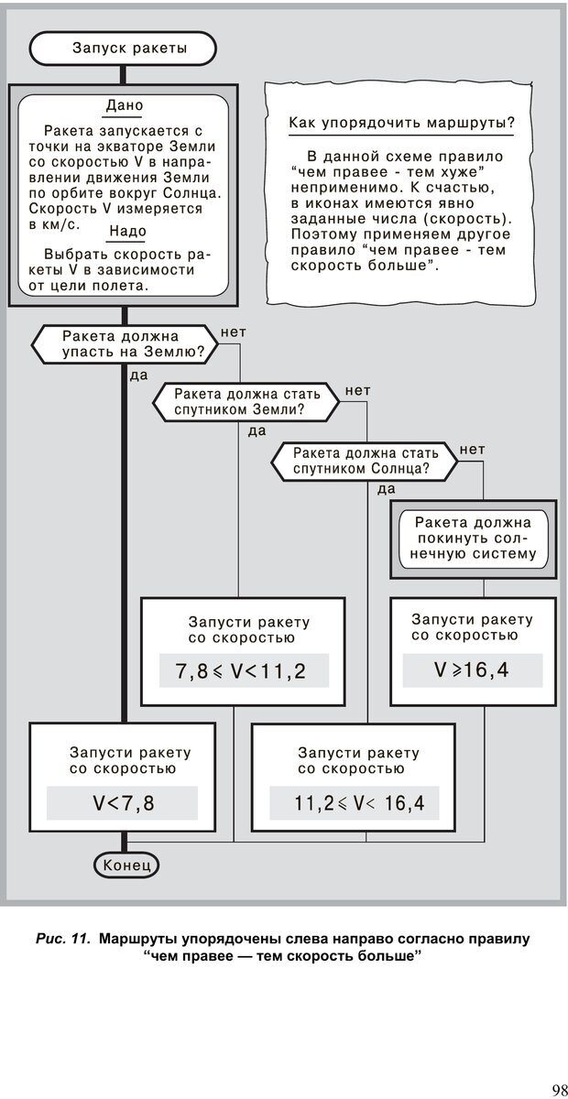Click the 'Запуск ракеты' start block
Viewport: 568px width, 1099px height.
pyautogui.click(x=123, y=49)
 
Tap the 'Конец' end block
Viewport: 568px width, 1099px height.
pyautogui.click(x=126, y=865)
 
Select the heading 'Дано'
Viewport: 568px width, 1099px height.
pyautogui.click(x=124, y=105)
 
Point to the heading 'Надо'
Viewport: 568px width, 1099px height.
pyautogui.click(x=126, y=231)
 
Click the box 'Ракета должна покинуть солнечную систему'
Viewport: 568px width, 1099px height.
pyautogui.click(x=474, y=538)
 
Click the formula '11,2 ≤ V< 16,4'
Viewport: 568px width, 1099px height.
pyautogui.click(x=353, y=803)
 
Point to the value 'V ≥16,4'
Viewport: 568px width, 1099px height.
pyautogui.click(x=472, y=669)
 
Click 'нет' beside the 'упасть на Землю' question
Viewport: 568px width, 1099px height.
pyautogui.click(x=234, y=332)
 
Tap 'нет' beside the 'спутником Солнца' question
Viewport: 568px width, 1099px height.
pyautogui.click(x=472, y=449)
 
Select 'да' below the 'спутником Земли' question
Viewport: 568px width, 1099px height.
pyautogui.click(x=257, y=430)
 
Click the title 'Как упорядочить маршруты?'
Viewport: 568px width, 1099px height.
pyautogui.click(x=400, y=123)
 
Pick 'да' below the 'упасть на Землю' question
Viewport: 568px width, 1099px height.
pyautogui.click(x=138, y=375)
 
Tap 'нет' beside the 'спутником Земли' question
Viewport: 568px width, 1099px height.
pyautogui.click(x=357, y=391)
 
